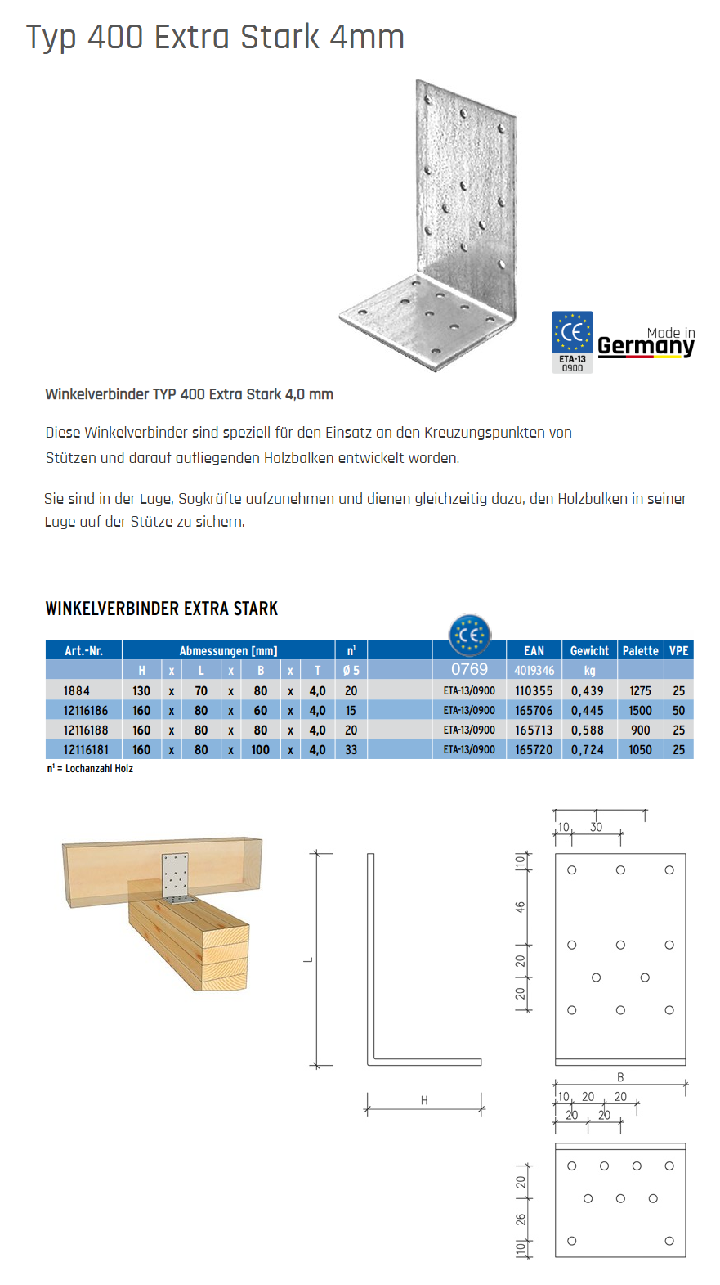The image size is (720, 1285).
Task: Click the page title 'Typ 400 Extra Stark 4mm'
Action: click(x=215, y=37)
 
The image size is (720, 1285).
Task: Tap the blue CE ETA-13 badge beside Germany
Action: click(x=572, y=341)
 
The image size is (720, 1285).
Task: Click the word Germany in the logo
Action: click(x=646, y=346)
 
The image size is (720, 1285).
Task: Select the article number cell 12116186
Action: click(x=86, y=711)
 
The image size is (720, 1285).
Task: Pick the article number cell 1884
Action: click(x=77, y=691)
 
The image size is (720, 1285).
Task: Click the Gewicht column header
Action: click(x=589, y=651)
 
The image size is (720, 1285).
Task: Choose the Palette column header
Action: click(x=640, y=651)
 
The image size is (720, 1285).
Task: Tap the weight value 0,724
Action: click(x=588, y=750)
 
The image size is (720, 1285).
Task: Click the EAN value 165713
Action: click(x=534, y=730)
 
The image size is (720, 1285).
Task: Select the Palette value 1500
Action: click(x=640, y=711)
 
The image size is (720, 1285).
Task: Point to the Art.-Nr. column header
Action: click(x=83, y=651)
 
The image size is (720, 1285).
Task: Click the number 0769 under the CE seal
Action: click(x=469, y=669)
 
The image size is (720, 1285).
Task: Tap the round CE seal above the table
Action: click(x=470, y=635)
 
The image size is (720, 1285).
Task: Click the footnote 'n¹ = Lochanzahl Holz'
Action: click(x=90, y=769)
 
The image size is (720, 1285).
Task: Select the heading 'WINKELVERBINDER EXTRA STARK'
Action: click(x=162, y=609)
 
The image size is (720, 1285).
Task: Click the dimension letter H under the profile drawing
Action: click(x=424, y=1101)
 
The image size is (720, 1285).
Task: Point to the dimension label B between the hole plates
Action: click(x=620, y=1077)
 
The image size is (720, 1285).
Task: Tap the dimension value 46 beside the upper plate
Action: click(x=521, y=907)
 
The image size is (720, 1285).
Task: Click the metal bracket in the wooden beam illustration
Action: click(x=176, y=877)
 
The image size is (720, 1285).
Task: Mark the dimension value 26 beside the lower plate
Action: click(x=521, y=1219)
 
